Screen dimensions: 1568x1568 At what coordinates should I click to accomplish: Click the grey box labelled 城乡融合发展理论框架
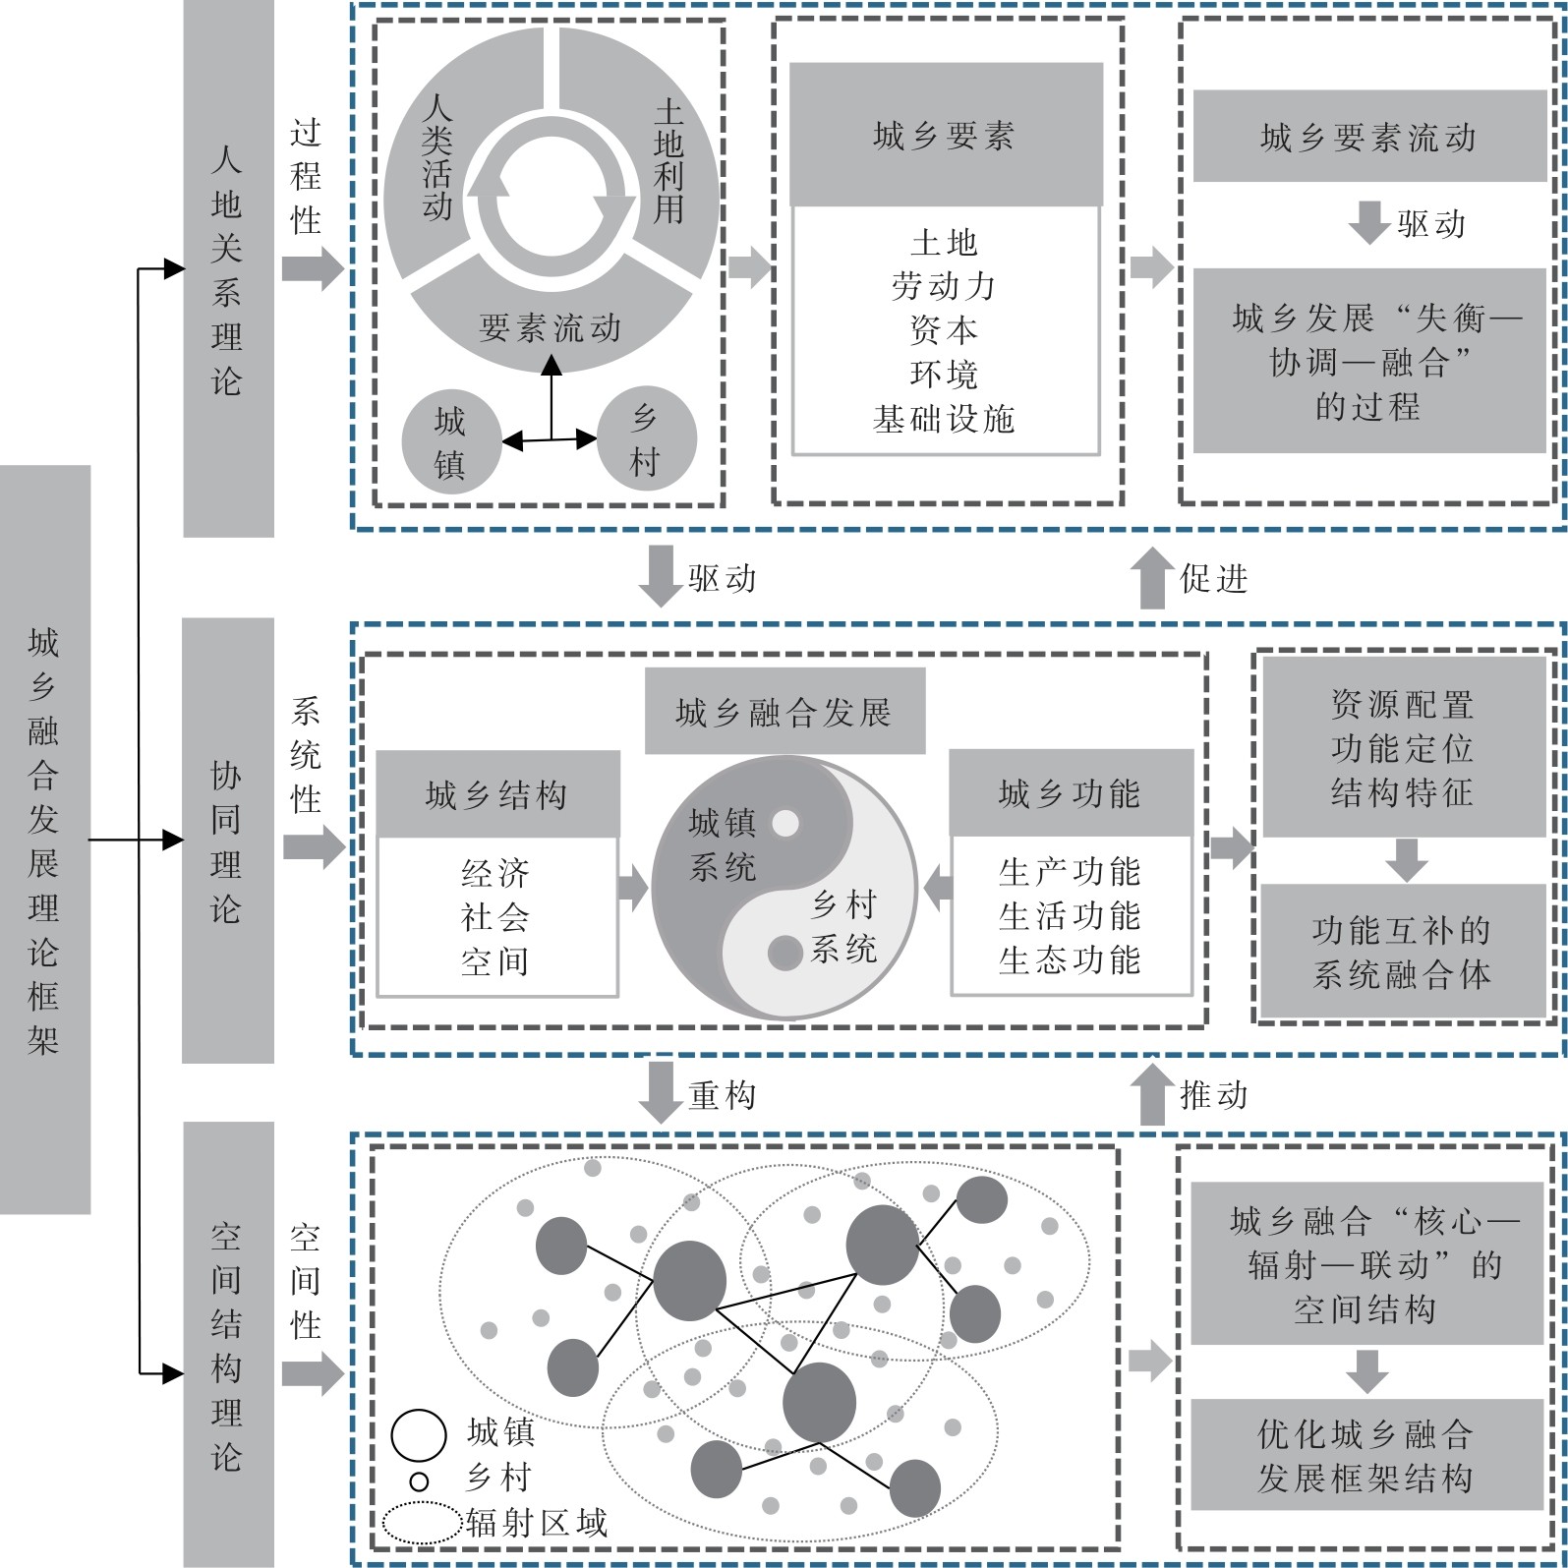click(x=45, y=839)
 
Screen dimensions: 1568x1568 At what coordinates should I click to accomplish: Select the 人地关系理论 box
click(x=228, y=268)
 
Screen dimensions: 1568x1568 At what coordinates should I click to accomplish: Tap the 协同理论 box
click(x=228, y=841)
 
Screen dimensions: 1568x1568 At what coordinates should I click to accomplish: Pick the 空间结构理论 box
click(x=228, y=1344)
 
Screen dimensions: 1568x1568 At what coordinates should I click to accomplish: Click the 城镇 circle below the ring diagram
click(x=450, y=440)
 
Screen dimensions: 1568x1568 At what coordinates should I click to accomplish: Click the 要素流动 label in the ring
click(x=551, y=327)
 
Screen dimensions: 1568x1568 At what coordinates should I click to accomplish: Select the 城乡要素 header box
click(x=946, y=135)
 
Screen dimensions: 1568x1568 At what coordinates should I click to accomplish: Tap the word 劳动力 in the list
click(x=944, y=286)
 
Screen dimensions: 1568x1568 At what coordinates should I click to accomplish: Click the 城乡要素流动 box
click(x=1369, y=137)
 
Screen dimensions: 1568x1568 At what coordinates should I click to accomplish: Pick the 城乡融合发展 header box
click(x=784, y=711)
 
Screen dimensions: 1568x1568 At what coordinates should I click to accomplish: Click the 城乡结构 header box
click(x=497, y=794)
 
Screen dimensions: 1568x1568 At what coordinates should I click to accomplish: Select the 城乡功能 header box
click(x=1071, y=793)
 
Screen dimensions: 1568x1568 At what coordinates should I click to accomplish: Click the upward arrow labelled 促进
click(x=1152, y=577)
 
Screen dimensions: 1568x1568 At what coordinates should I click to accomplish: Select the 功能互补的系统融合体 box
click(x=1403, y=951)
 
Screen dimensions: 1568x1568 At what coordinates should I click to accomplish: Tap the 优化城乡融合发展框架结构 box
click(x=1366, y=1454)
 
